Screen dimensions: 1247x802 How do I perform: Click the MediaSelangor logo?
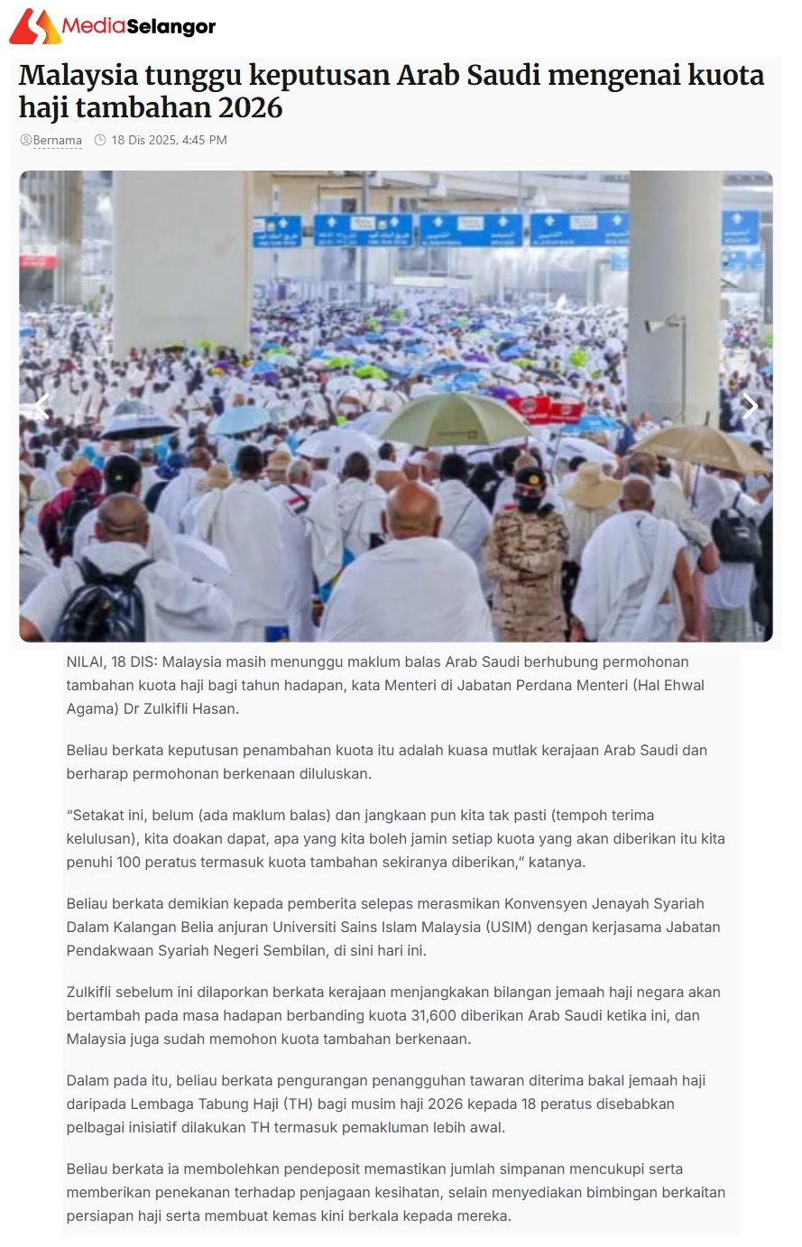tap(113, 26)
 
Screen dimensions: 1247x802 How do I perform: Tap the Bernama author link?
tap(57, 141)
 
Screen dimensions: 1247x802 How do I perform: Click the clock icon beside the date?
tap(100, 140)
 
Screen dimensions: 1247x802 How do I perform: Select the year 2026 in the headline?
tap(244, 108)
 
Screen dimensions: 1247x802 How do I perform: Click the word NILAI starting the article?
tap(85, 662)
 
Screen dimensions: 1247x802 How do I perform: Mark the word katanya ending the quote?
tap(556, 863)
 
